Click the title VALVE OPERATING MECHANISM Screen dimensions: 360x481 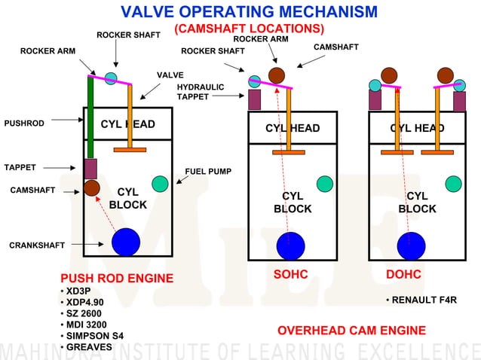[x=250, y=12]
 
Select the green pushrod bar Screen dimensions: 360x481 [x=90, y=117]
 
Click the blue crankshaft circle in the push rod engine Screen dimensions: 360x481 [x=126, y=242]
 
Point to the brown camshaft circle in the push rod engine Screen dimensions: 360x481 [x=93, y=188]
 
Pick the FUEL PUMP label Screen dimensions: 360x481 [x=208, y=171]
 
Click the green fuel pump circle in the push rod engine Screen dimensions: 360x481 [x=160, y=183]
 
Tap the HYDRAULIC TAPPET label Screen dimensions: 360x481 [x=201, y=92]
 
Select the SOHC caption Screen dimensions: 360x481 [x=290, y=275]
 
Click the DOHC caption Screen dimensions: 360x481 [x=403, y=275]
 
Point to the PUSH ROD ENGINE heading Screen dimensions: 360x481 [x=116, y=278]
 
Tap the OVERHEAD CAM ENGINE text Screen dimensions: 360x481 [x=351, y=330]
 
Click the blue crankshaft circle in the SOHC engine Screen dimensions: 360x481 [x=290, y=246]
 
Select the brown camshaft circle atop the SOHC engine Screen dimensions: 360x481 [x=276, y=75]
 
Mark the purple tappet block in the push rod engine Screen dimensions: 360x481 [x=91, y=168]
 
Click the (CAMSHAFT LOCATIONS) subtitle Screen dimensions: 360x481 [x=249, y=29]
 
